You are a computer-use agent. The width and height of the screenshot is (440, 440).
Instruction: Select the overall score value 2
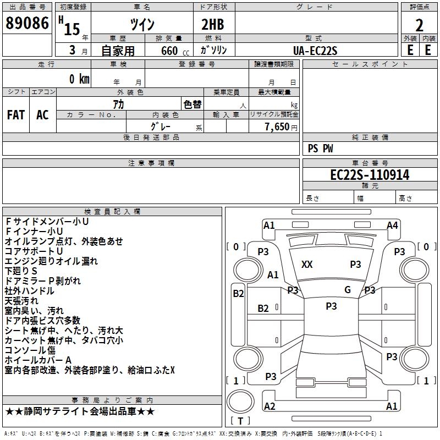(419, 25)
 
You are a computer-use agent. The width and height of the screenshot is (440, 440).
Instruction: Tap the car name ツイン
(142, 25)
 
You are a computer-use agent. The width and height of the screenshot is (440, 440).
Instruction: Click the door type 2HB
(213, 25)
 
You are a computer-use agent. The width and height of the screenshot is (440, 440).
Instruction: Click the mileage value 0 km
(79, 79)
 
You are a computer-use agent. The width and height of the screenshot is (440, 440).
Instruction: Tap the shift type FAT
(16, 115)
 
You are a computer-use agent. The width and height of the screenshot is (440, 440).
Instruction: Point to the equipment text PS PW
(321, 148)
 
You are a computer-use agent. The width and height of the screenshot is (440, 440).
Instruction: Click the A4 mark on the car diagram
(392, 225)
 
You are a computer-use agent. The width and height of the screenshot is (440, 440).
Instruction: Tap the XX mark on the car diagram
(307, 265)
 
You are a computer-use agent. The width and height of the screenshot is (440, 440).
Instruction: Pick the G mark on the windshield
(347, 290)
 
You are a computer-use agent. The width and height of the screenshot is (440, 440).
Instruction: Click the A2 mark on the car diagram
(269, 406)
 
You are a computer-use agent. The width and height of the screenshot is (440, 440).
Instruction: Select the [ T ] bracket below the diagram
(240, 421)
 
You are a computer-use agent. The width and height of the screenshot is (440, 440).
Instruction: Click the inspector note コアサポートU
(34, 251)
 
